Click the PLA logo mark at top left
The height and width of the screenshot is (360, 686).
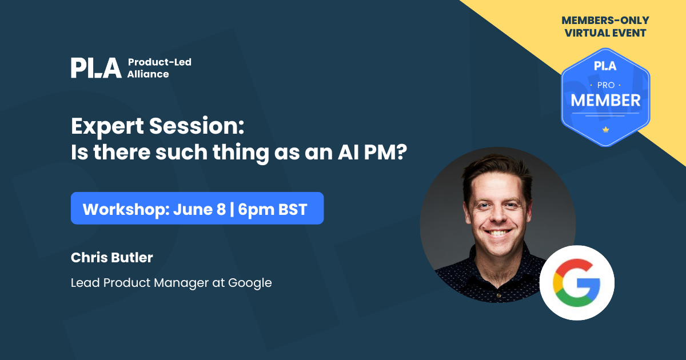click(96, 68)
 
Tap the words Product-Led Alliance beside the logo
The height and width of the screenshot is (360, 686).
click(159, 68)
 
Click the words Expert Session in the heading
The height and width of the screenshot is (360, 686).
click(157, 126)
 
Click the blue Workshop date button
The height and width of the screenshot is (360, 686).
click(197, 209)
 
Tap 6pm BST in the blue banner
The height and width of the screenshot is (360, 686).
click(273, 209)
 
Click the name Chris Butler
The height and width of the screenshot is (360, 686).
click(111, 258)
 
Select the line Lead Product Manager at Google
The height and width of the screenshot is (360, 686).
click(171, 282)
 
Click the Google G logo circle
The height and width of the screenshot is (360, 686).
click(576, 283)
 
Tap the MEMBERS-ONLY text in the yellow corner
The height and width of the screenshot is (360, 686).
click(605, 21)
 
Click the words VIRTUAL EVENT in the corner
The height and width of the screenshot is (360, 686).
click(605, 33)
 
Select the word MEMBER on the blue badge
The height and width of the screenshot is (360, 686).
click(605, 101)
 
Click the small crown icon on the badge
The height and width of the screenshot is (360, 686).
click(605, 130)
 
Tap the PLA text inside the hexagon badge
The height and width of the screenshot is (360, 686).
click(605, 66)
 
